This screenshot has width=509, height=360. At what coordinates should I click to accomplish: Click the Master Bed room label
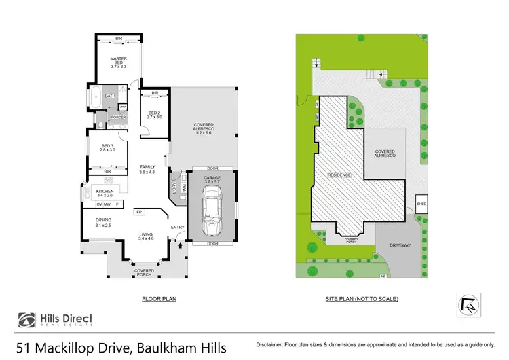[119, 62]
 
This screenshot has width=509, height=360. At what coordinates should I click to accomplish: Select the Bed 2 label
[154, 115]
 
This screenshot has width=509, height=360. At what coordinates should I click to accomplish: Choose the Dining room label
[103, 222]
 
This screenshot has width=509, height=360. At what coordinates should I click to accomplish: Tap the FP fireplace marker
[138, 212]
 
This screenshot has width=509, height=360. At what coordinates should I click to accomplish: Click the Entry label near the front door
[177, 227]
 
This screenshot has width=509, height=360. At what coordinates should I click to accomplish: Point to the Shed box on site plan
[421, 202]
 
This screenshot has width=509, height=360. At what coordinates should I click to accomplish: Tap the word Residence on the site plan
[340, 175]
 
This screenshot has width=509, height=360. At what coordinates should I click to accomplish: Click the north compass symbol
[468, 304]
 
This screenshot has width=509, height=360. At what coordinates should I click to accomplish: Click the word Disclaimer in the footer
[271, 345]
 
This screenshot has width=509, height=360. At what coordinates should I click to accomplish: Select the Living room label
[146, 236]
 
